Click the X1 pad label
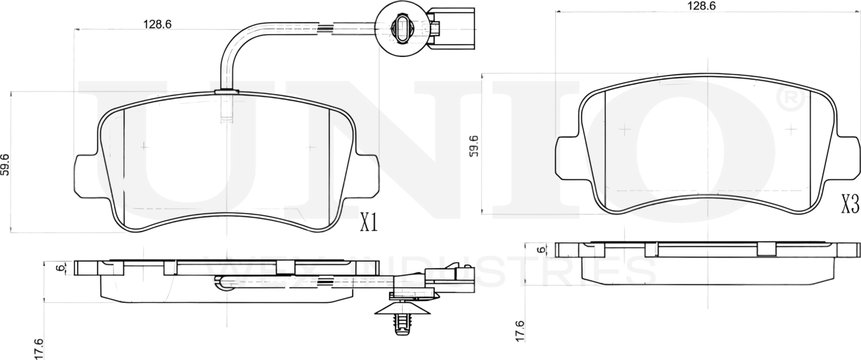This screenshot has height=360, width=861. tap(368, 222)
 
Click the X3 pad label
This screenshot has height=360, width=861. tap(849, 205)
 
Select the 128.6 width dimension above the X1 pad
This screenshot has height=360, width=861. tap(158, 24)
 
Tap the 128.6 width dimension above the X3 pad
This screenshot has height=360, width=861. tap(701, 6)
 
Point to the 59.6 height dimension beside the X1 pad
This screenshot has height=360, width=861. tap(6, 164)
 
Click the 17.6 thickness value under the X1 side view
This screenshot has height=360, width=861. tap(38, 349)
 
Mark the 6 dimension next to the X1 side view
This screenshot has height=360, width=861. tap(60, 268)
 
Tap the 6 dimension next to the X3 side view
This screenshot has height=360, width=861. tap(541, 250)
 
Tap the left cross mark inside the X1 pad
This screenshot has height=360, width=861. tap(145, 145)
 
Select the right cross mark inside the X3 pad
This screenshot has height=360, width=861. tap(790, 129)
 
